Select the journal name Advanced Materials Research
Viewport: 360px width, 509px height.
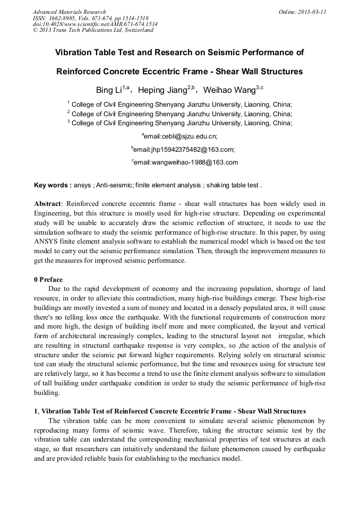click(69, 12)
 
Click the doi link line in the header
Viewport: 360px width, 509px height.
click(95, 24)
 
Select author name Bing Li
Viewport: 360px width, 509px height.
click(108, 91)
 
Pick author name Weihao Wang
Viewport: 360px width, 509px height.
click(229, 91)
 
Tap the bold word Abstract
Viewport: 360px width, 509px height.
click(47, 204)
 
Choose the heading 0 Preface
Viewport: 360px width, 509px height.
click(48, 279)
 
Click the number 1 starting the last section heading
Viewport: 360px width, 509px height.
click(36, 411)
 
